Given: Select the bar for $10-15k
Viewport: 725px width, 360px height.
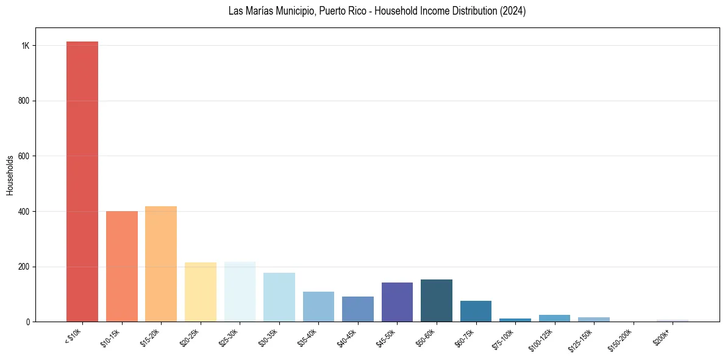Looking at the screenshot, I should coord(122,266).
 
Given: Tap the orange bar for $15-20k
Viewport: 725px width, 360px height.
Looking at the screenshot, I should coord(161,264).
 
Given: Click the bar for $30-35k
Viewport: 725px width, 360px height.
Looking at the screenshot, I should coord(279,297).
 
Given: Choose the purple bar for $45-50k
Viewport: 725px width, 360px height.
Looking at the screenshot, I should coord(397,302).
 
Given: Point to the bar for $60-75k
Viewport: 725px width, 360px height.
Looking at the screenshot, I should coord(476,311).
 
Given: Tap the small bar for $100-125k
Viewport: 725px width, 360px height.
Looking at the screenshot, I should coord(554,318).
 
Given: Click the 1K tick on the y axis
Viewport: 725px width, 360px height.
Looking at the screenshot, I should coord(26,46).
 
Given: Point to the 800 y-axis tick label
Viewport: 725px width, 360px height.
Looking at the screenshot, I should coord(24,101).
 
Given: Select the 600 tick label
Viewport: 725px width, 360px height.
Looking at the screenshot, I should coord(24,156).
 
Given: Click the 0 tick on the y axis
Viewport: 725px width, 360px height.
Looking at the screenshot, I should coord(28,322).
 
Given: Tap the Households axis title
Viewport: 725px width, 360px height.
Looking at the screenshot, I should coord(10,175).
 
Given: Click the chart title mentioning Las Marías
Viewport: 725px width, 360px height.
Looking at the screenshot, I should coord(377,11).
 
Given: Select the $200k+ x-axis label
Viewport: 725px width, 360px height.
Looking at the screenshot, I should coord(662,336).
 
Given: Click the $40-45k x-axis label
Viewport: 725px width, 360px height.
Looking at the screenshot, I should coord(348,337).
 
